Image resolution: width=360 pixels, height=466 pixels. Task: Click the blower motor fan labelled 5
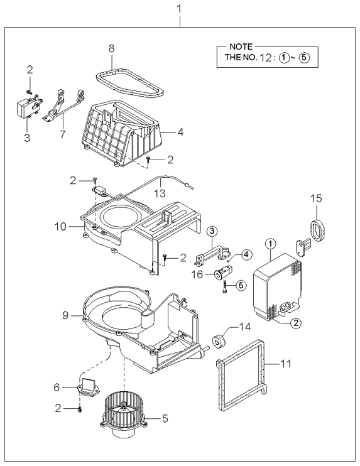[123, 415]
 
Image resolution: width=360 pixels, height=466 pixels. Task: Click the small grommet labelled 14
[219, 340]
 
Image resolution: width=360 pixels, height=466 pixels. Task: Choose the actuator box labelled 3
[28, 106]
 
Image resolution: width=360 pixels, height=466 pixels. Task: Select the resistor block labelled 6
[89, 387]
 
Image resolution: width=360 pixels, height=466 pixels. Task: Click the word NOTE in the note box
[241, 46]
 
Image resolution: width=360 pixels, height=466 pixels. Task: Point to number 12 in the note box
[266, 57]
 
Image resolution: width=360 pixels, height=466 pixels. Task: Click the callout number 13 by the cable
[160, 193]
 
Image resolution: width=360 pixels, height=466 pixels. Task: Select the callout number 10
[60, 227]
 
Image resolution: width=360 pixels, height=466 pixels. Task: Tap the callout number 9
[66, 315]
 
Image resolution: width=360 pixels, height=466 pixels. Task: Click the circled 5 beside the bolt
[241, 285]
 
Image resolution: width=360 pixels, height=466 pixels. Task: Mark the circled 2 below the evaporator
[296, 323]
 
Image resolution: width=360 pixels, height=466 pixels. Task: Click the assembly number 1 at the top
[179, 9]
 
